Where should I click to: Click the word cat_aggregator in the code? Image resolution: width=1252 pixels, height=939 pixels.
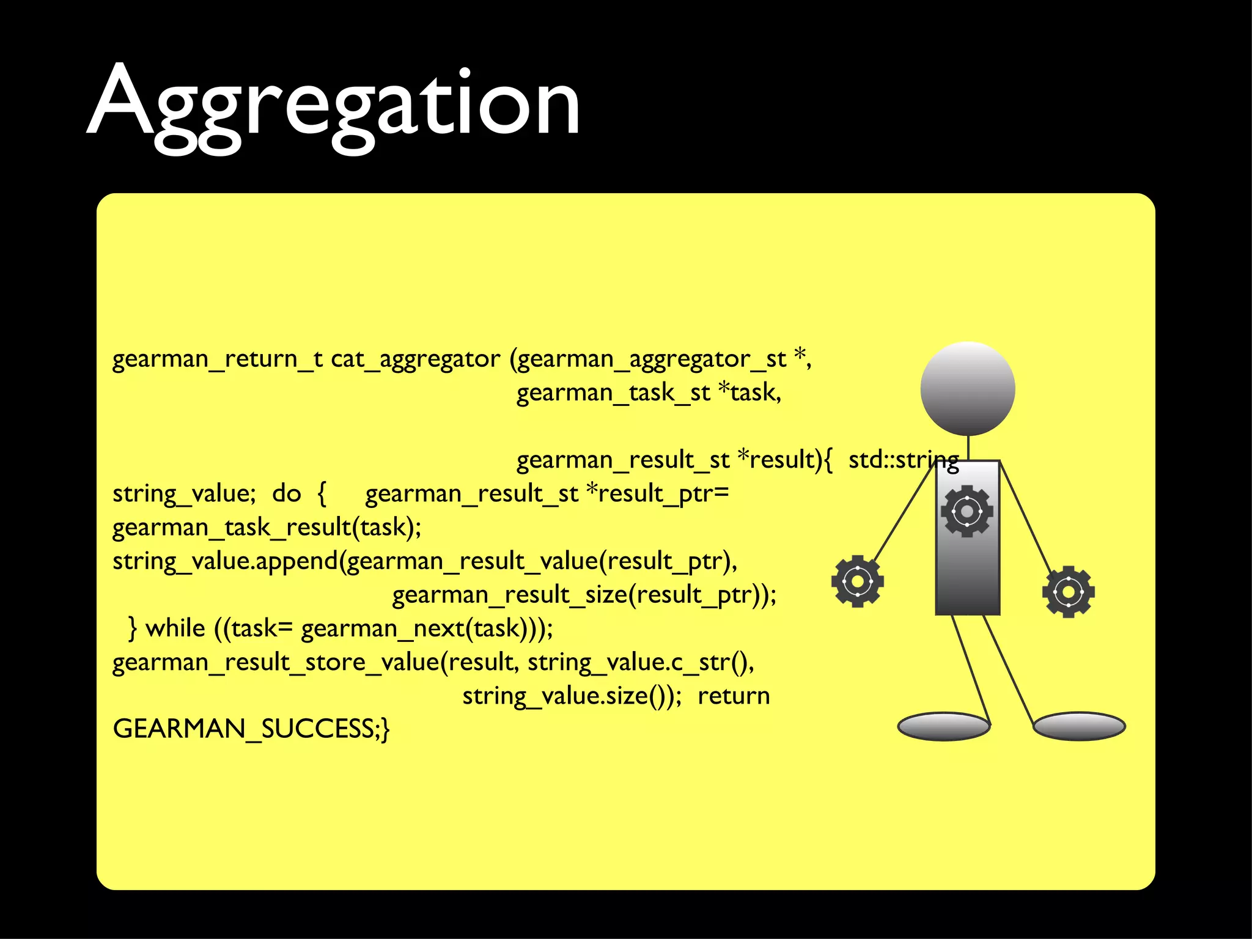415,359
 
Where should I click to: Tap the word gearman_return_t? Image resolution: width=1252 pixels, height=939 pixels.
217,359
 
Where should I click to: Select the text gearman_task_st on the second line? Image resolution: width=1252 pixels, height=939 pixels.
613,392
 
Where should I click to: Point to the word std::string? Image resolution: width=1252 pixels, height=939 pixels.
903,460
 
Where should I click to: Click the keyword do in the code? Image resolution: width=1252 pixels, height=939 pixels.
286,493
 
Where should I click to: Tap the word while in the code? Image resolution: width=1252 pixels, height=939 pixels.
175,628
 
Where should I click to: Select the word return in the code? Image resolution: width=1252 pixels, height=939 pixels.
733,696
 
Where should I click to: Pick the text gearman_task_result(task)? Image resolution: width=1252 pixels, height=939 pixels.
267,527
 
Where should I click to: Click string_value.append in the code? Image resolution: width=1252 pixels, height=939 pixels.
225,561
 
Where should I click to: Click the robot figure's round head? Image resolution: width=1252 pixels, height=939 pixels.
968,389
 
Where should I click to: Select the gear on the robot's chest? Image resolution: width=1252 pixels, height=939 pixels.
967,511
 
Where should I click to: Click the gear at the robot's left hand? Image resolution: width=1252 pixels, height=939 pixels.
857,581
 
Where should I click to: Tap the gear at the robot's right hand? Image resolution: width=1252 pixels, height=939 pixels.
1068,592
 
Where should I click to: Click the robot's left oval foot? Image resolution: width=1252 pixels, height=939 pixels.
943,726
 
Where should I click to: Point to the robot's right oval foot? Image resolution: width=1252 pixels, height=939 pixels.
1079,726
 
